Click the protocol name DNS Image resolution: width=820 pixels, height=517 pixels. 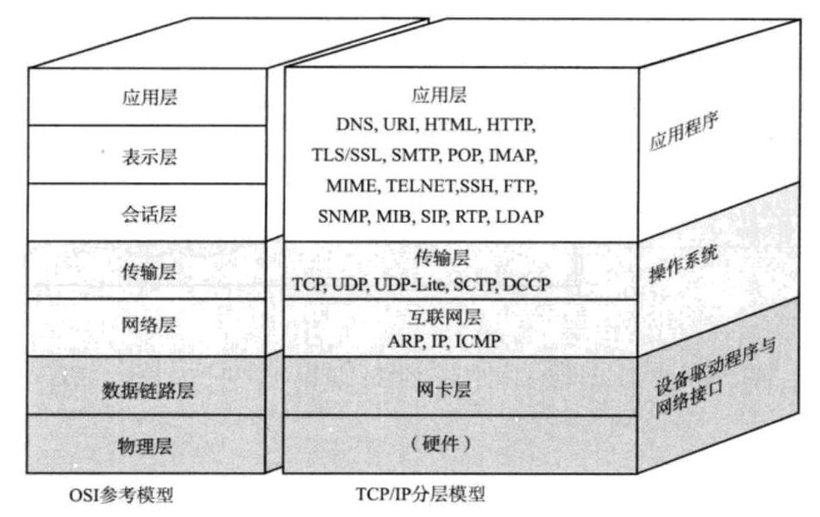354,126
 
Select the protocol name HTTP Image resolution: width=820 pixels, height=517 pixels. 511,126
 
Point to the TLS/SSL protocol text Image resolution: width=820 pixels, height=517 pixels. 347,156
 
